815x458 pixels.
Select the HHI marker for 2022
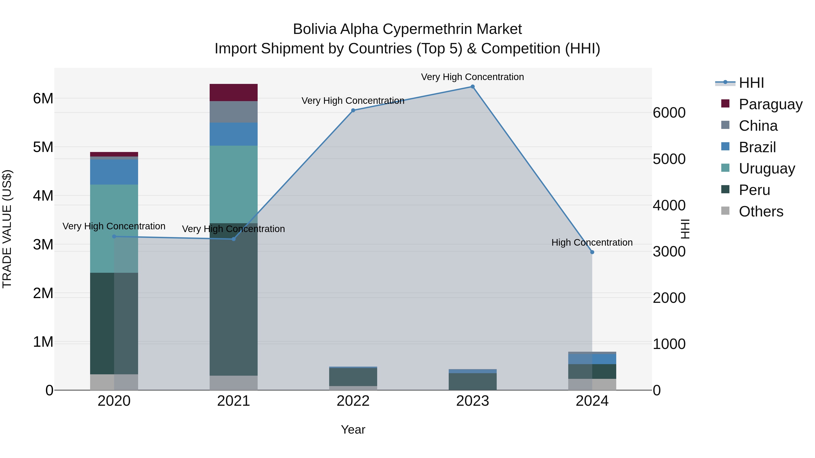[x=353, y=110]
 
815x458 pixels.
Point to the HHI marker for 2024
[x=592, y=252]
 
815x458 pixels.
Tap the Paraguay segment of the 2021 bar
[x=233, y=93]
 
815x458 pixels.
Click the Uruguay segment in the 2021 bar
[x=233, y=184]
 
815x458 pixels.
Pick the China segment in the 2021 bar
[x=233, y=112]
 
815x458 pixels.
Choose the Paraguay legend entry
[x=770, y=104]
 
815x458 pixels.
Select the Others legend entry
[x=761, y=211]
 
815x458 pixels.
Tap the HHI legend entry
[x=751, y=83]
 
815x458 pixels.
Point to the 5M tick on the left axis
[x=43, y=147]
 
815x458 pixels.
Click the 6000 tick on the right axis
[x=669, y=113]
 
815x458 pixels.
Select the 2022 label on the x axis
[x=353, y=401]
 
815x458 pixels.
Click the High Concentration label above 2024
[x=592, y=242]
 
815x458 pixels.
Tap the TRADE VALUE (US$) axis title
[x=7, y=229]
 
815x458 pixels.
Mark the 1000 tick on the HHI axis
[x=669, y=344]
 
